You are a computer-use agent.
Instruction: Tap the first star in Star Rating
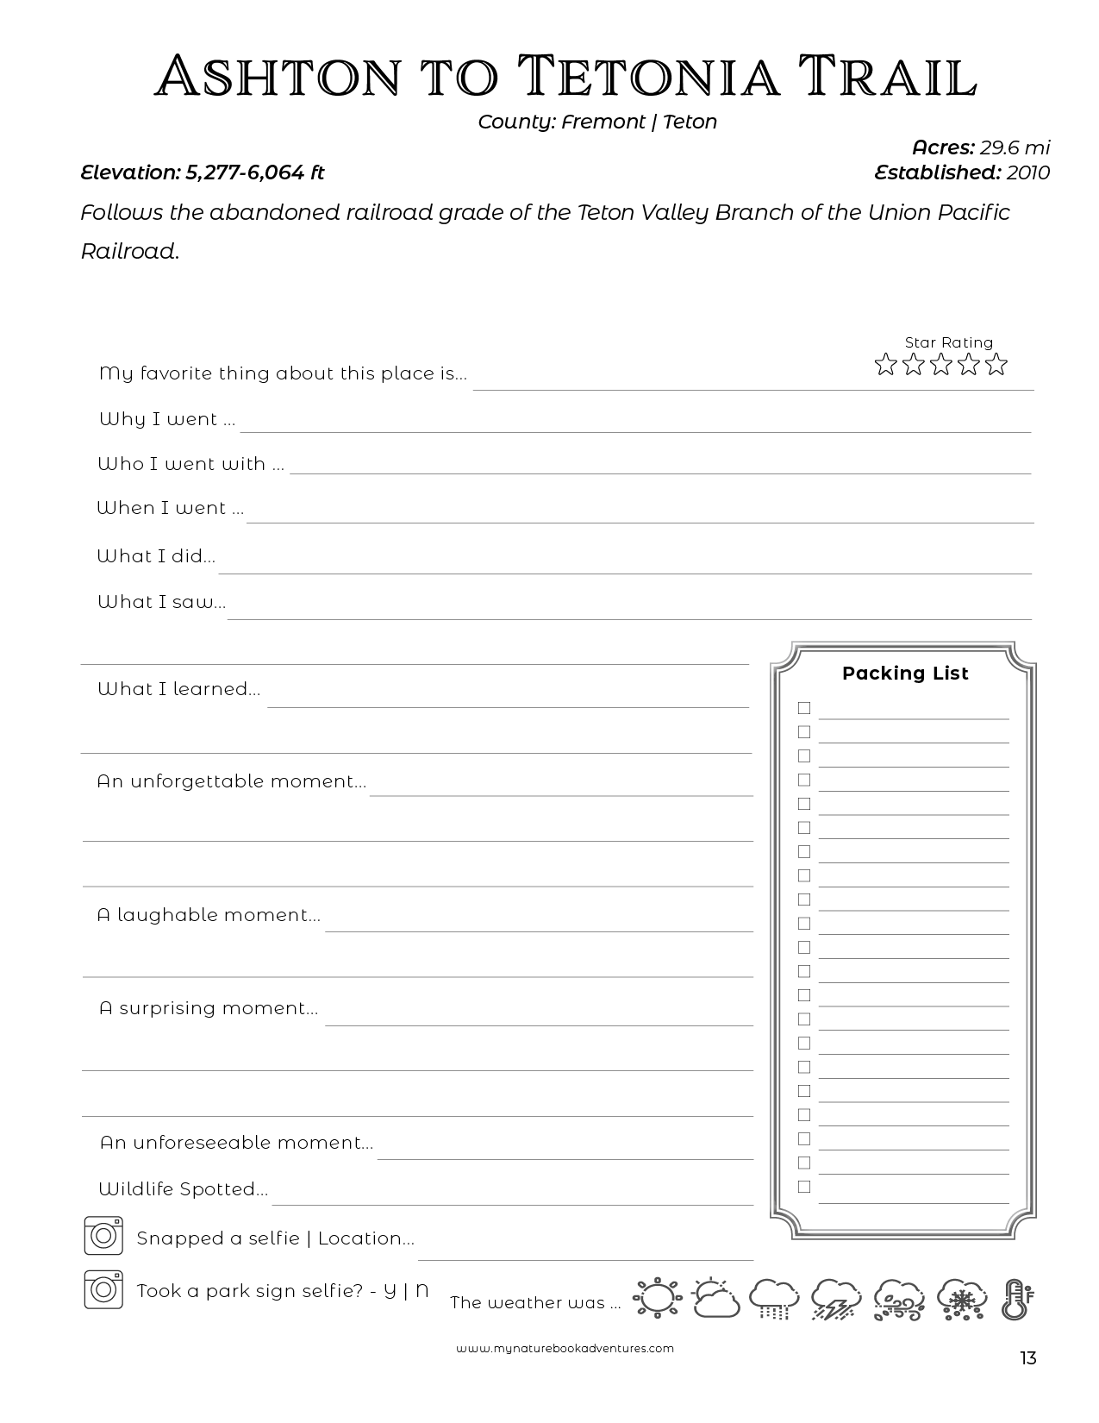885,365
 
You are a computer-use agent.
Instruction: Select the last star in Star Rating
996,365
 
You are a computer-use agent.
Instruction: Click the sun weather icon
657,1298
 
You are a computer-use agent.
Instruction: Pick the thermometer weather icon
1017,1299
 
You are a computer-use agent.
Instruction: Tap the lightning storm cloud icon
835,1299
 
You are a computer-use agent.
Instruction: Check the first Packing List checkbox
804,708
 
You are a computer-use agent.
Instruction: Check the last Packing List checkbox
804,1187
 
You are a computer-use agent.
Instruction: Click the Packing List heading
905,674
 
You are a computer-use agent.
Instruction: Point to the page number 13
1027,1359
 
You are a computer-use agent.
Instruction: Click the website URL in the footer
565,1349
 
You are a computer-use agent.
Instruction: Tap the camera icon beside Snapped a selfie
103,1236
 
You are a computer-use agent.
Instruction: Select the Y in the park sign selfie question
390,1291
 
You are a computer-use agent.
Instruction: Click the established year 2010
1027,172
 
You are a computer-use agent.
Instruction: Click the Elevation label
129,172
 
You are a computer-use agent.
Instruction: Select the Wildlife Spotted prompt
183,1189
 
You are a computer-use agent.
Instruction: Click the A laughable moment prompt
209,915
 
